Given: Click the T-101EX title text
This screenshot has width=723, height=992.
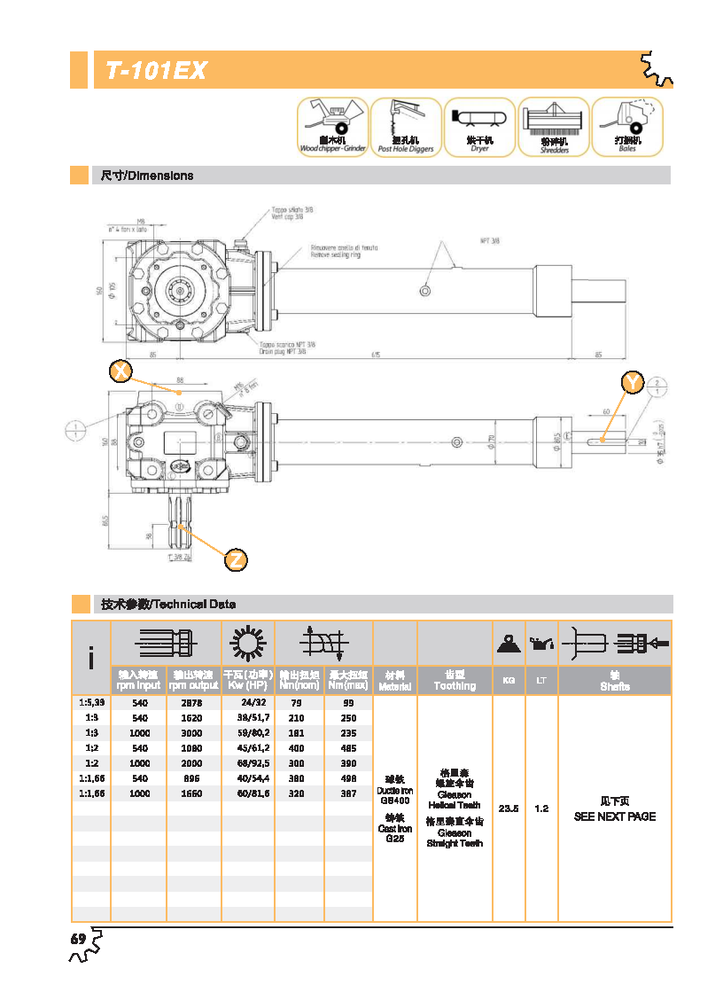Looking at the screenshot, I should (x=156, y=71).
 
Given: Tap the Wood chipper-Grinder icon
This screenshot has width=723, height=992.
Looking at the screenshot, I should (x=331, y=126).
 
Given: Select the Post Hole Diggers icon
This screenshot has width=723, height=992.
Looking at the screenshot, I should (x=406, y=126).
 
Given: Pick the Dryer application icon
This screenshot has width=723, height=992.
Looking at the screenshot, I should (x=479, y=126).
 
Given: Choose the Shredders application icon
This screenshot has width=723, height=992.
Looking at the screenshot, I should (x=554, y=126).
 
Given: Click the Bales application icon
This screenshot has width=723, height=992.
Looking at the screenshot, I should (x=627, y=126).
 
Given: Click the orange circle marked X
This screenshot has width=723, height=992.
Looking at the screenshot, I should (x=120, y=371).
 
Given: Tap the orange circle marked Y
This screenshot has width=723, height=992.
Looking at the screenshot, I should (x=631, y=382).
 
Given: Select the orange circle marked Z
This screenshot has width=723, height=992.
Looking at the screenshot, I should (x=235, y=560).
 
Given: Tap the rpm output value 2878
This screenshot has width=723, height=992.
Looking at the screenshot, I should (x=193, y=702).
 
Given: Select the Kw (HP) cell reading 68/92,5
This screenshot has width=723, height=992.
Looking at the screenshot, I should (x=247, y=763).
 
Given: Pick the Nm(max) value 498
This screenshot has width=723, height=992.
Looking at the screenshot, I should (x=348, y=778).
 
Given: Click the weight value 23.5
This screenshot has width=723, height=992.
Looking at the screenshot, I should (x=509, y=808).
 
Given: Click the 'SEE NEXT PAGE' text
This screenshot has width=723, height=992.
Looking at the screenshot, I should (x=615, y=816).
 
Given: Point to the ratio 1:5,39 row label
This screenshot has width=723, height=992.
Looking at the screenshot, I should (x=91, y=702).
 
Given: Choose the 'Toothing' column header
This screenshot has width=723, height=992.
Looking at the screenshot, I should (x=455, y=686).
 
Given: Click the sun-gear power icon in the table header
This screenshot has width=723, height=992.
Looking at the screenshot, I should (x=247, y=642).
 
